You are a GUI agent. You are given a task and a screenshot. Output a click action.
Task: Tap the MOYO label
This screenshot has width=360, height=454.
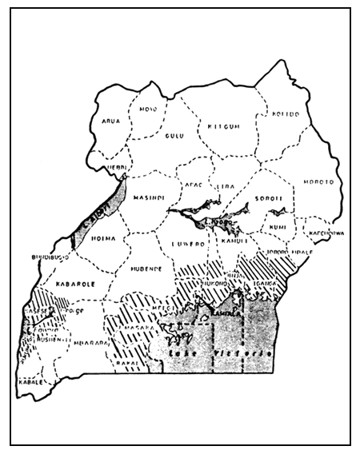pos(148,109)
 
